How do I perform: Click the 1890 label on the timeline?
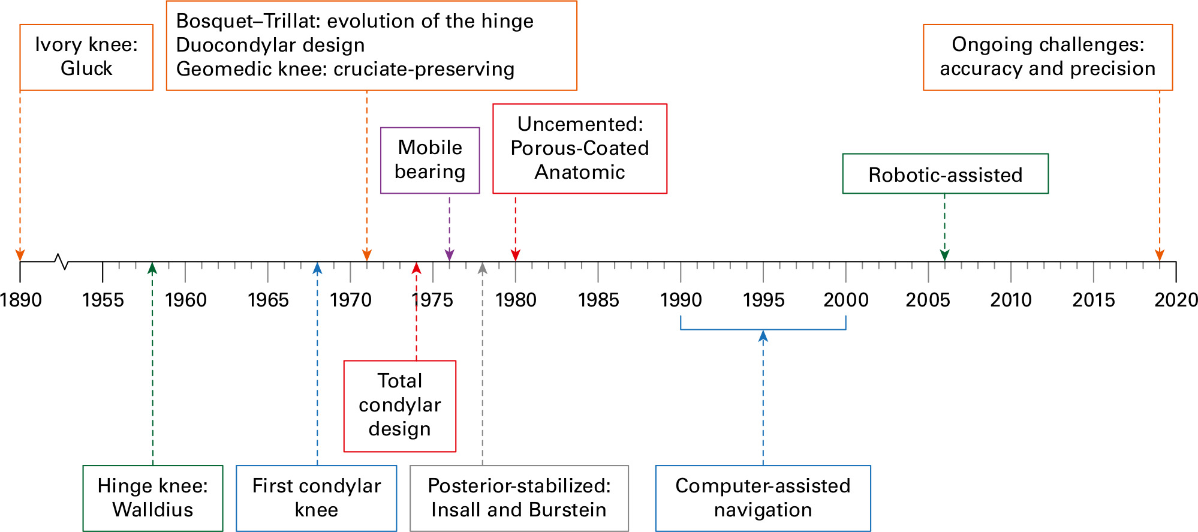point(21,300)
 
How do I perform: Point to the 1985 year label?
point(598,300)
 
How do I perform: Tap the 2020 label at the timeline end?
point(1176,300)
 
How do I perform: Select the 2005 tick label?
point(928,300)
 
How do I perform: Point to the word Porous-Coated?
point(580,148)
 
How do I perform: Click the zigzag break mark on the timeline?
point(61,262)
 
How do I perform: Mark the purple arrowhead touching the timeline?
point(450,256)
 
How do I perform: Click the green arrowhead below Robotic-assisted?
point(945,256)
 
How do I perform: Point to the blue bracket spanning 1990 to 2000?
point(763,329)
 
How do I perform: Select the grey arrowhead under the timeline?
point(483,267)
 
